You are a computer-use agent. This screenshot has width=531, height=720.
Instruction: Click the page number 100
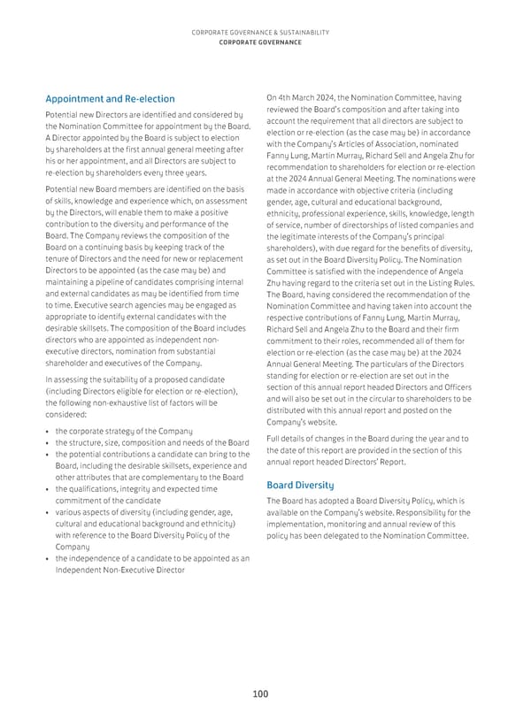259,694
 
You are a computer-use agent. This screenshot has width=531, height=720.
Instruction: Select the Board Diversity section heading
299,485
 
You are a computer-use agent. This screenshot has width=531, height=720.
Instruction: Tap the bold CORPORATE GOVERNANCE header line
259,42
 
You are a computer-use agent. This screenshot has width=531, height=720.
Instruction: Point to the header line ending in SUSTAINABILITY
259,32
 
